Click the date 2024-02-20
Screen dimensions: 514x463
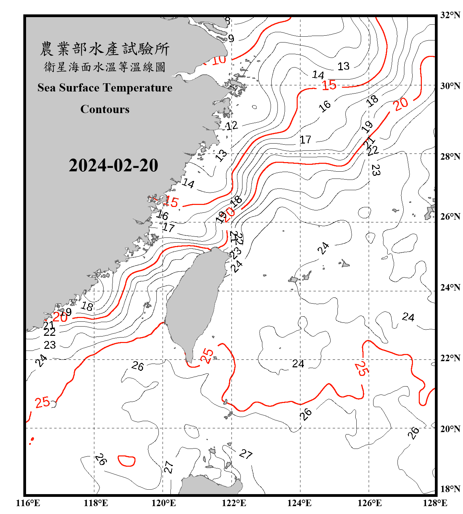[x=113, y=165]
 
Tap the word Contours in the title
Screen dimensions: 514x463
[x=105, y=109]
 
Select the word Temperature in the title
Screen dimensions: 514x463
[x=137, y=88]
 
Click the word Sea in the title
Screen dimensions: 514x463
[x=47, y=88]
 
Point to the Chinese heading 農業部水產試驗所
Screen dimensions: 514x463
[x=105, y=49]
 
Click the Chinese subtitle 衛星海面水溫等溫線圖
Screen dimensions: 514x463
[x=105, y=67]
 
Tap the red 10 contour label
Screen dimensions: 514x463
[x=219, y=60]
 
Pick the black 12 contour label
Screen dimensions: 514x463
[x=232, y=125]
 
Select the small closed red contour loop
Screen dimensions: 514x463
[x=127, y=461]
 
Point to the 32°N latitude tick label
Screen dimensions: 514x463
[x=450, y=15]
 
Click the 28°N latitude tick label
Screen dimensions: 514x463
[x=450, y=157]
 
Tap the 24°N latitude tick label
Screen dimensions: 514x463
[x=450, y=287]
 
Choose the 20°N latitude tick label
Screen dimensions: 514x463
[x=450, y=429]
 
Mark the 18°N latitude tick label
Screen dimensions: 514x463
[x=450, y=489]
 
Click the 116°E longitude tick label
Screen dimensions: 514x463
[x=28, y=503]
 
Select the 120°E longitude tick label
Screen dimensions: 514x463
[x=164, y=503]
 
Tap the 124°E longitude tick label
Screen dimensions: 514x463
[x=299, y=503]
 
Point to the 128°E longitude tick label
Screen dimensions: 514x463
[x=435, y=503]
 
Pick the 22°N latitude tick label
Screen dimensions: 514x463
[x=450, y=358]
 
